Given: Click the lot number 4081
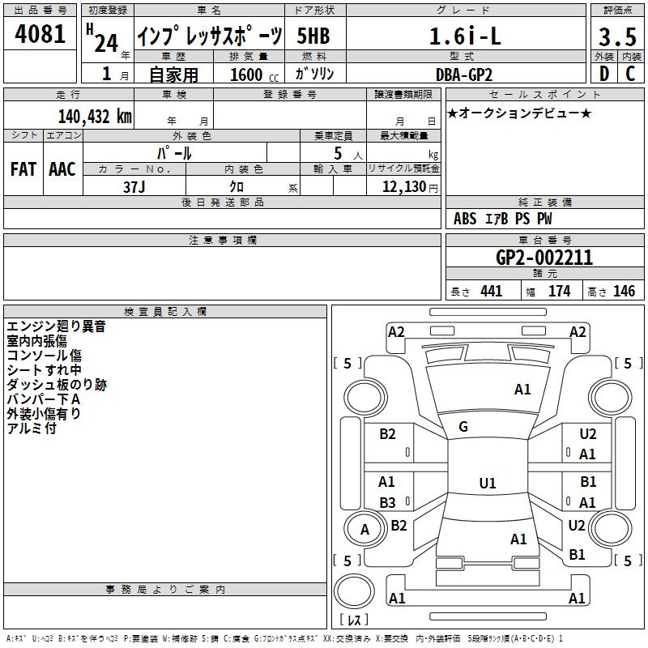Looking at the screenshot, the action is click(40, 33).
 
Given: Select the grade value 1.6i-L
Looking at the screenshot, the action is click(465, 36).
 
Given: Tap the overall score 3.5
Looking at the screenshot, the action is click(617, 36).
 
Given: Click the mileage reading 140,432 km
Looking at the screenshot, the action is click(95, 117).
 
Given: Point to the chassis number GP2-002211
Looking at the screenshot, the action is click(544, 258).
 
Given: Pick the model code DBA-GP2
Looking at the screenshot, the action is click(464, 75).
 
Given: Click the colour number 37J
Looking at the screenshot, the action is click(134, 187).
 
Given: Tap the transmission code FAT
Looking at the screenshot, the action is click(23, 169).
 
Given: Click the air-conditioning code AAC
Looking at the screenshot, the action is click(62, 169).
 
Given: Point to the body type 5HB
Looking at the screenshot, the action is click(313, 36).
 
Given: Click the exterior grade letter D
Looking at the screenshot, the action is click(603, 74).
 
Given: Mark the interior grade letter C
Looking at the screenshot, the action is click(630, 74).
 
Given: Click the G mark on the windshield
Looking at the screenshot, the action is click(463, 427).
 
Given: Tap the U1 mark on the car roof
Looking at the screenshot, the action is click(488, 483).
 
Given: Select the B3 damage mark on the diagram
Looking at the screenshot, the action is click(387, 502).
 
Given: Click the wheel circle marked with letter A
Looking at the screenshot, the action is click(364, 530).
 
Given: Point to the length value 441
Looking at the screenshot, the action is click(491, 292).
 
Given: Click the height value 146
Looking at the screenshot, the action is click(624, 292).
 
